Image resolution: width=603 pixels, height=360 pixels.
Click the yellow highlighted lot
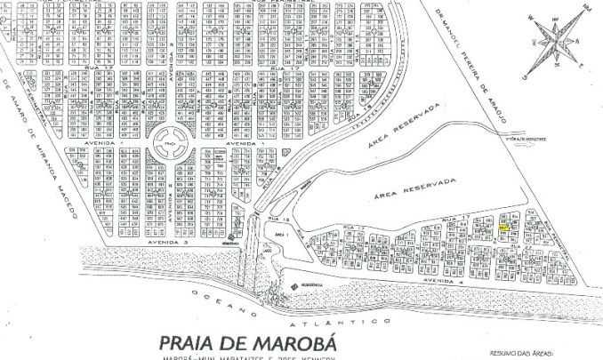tap(504, 227)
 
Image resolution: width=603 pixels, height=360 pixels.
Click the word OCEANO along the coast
tap(213, 303)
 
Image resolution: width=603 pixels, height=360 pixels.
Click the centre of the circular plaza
tap(167, 140)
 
